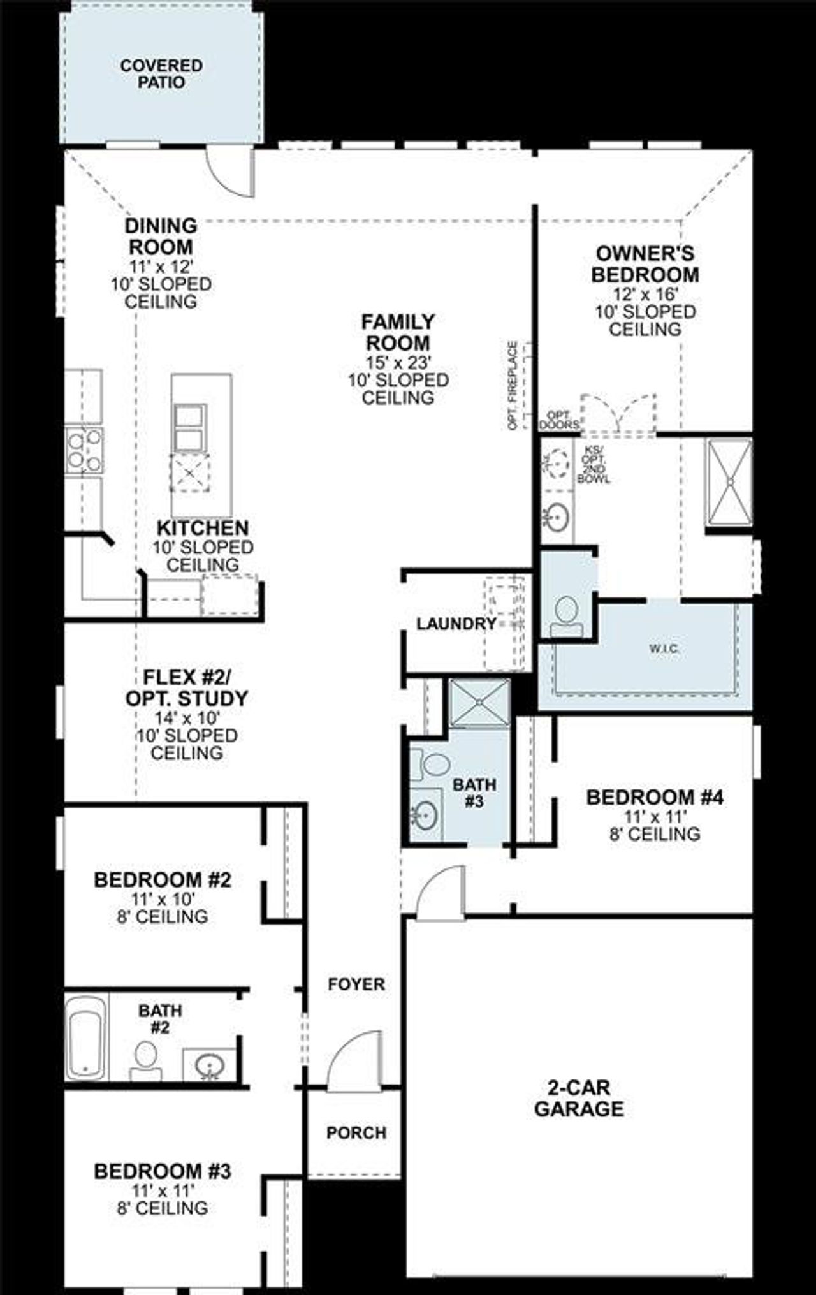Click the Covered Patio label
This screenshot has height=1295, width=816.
click(161, 74)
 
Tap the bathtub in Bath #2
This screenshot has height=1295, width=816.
click(87, 1037)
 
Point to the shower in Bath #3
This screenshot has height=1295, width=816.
click(479, 702)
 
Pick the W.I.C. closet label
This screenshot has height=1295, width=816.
click(664, 648)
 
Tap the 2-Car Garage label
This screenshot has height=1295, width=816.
click(579, 1098)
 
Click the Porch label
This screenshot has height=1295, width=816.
click(356, 1132)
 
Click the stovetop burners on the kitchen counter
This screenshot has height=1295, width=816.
click(84, 450)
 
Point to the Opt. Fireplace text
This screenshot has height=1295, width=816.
click(512, 385)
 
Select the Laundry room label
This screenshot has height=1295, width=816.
click(456, 624)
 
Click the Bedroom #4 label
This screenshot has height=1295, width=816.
click(655, 797)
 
